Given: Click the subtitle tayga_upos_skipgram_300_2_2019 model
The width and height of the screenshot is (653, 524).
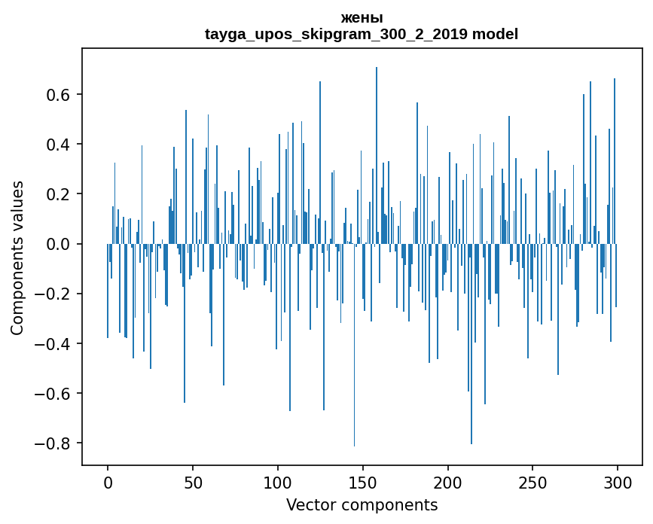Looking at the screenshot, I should (x=362, y=34).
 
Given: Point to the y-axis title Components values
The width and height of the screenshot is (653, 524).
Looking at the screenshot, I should (x=17, y=257).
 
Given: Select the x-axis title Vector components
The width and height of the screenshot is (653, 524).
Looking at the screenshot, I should (x=362, y=504).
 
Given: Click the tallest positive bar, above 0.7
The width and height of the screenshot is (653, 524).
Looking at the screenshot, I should (x=377, y=151).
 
